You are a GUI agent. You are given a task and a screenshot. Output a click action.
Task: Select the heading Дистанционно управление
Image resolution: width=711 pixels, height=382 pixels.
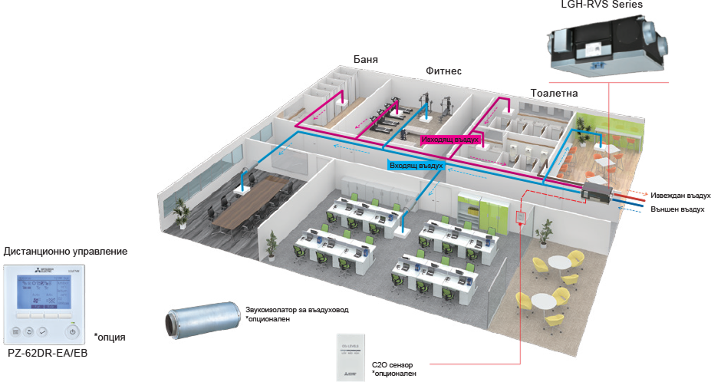[65, 252]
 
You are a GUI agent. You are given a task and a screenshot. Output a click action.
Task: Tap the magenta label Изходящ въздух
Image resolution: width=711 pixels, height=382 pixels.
[450, 140]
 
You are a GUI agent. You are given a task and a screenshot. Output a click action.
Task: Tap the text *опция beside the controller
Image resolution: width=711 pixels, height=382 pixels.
[110, 338]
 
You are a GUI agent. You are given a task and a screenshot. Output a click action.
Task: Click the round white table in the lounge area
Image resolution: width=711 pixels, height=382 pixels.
[564, 263]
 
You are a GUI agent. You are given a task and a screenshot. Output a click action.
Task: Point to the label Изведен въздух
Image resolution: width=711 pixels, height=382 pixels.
[678, 196]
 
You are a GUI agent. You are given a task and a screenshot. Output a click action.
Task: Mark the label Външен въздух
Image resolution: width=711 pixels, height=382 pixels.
[678, 208]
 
